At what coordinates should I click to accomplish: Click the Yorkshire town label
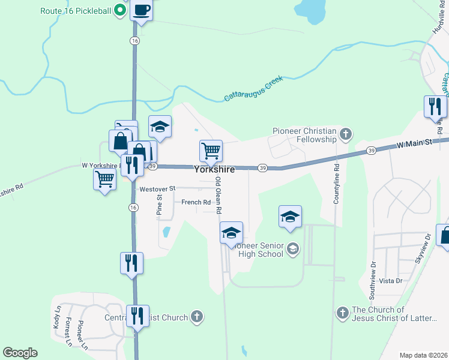click(214, 170)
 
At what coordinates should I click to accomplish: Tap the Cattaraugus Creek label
click(253, 88)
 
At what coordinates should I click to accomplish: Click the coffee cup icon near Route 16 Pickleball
click(142, 11)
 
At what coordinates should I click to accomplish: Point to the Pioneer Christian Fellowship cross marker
click(345, 133)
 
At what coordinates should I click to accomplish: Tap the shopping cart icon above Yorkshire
click(211, 150)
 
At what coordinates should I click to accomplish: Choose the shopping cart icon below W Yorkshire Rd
click(105, 179)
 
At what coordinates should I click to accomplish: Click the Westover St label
click(157, 189)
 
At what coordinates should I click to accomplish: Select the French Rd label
click(196, 203)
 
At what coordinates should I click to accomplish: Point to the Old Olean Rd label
click(219, 196)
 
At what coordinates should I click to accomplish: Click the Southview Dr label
click(373, 277)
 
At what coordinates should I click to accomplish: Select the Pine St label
click(159, 205)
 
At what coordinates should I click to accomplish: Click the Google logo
click(20, 353)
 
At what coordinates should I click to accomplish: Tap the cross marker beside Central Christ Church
click(196, 316)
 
